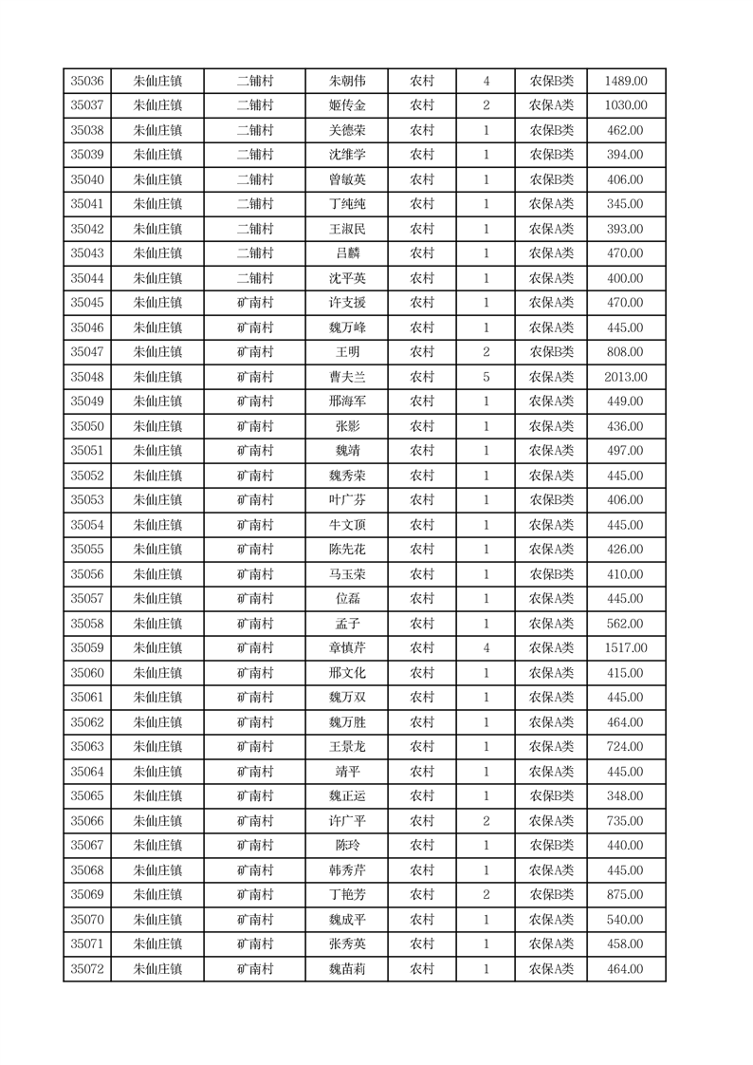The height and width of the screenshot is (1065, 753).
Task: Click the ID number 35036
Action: (87, 81)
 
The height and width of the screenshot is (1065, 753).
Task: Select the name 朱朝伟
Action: (346, 81)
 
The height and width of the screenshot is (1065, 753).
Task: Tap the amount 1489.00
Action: (626, 81)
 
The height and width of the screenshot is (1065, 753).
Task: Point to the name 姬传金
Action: (346, 105)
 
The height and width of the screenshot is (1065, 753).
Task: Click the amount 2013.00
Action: (626, 377)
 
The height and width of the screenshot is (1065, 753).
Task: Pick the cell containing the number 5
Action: (486, 377)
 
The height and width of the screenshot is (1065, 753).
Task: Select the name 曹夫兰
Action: (346, 377)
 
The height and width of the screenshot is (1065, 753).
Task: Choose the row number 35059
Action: (87, 648)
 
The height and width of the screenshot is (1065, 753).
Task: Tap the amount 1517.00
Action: (626, 648)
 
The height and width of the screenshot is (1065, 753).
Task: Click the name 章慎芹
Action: (346, 648)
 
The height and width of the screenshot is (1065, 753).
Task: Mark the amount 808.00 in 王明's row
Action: (626, 352)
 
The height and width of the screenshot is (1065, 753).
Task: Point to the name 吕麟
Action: (346, 253)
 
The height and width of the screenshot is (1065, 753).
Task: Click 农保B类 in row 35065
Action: (551, 796)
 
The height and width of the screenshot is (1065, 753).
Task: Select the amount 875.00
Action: (626, 895)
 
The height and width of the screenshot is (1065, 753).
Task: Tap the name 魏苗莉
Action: (346, 969)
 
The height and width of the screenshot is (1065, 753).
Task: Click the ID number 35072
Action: (87, 969)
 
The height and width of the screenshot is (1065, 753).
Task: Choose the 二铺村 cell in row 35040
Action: (255, 179)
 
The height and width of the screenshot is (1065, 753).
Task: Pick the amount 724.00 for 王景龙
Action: (626, 747)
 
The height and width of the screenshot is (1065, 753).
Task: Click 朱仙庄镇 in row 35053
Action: (157, 500)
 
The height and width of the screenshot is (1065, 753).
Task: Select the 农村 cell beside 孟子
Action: (422, 624)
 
